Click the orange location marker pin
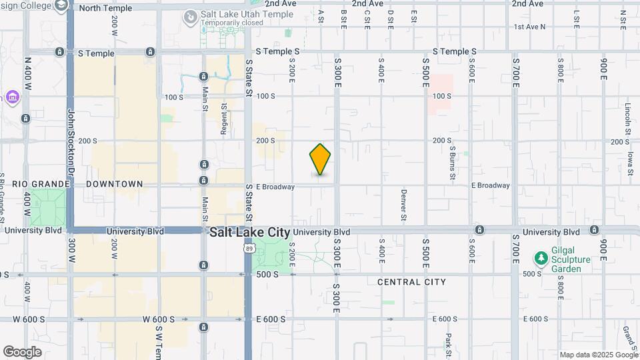(320, 159)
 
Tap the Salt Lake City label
(250, 233)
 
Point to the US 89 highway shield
(248, 248)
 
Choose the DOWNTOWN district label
(115, 183)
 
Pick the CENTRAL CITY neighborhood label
(411, 282)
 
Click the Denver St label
(404, 205)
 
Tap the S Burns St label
(451, 163)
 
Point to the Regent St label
(224, 119)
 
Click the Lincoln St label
(628, 116)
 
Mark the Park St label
(449, 345)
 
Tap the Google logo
(22, 351)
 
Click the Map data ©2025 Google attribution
(598, 355)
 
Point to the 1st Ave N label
(529, 27)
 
